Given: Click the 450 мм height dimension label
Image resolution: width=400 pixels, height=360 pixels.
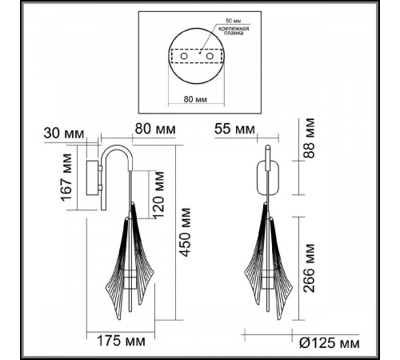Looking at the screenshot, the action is [186, 232].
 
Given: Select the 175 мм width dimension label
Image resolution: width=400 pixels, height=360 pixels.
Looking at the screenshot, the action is [121, 341].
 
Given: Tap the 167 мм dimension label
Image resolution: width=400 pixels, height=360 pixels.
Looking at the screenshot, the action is [66, 178].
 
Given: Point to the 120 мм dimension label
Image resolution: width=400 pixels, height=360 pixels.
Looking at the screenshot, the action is [158, 194].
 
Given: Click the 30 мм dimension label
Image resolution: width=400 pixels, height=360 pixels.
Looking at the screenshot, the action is [64, 133].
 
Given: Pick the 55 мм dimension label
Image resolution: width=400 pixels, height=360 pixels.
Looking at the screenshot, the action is [234, 129].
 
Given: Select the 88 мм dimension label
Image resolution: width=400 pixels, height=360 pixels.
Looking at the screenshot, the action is [309, 138].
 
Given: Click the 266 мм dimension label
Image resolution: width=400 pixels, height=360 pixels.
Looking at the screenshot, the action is [310, 268].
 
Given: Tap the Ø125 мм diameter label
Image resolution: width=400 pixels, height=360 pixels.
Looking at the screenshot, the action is [330, 343].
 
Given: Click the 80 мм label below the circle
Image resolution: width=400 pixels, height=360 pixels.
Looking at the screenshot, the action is [195, 99].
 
